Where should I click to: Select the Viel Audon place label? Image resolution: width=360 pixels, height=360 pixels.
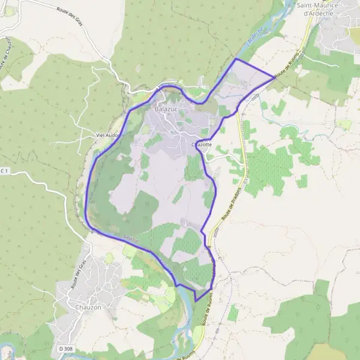coord(108,136)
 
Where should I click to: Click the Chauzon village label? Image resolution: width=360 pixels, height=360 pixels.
coord(88,308)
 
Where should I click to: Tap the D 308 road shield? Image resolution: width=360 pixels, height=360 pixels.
coord(66,349)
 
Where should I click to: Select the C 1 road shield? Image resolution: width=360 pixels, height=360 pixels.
coord(4,172)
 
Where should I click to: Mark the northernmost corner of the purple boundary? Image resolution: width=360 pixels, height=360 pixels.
coord(236,59)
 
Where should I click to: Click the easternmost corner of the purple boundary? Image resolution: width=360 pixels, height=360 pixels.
coord(274,76)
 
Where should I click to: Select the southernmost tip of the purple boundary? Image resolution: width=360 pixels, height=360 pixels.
coord(196,301)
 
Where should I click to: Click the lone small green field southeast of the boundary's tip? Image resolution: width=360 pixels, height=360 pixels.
coord(233,313)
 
